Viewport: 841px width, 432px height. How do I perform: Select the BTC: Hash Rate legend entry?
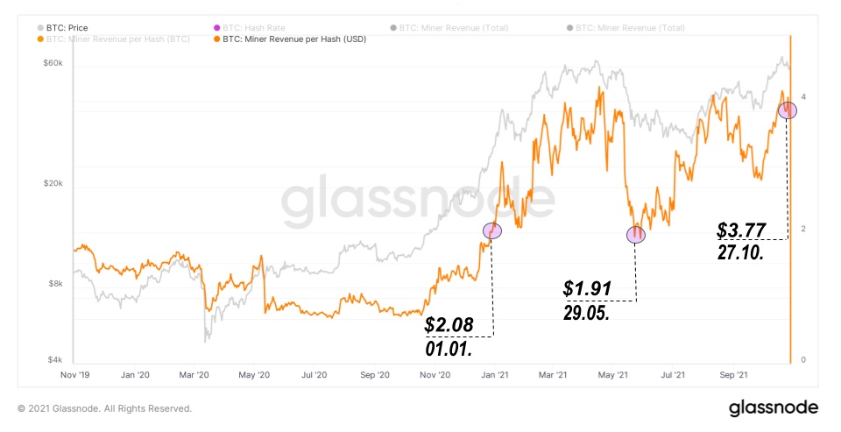tap(230, 28)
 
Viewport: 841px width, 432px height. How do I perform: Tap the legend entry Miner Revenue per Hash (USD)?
tap(293, 39)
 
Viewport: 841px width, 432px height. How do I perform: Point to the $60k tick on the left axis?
tap(53, 65)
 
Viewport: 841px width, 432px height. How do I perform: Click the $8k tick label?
tap(55, 284)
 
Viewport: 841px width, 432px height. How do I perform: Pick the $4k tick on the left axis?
tap(55, 360)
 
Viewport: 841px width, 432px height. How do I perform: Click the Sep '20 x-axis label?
tap(375, 375)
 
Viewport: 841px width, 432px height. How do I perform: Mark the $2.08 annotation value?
tap(449, 325)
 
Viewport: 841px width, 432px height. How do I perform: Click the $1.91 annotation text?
tap(586, 288)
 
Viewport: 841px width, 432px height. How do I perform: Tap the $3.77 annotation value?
tap(741, 230)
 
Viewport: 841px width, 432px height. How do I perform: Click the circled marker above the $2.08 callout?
tap(492, 230)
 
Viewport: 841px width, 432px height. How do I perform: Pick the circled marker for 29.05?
tap(636, 234)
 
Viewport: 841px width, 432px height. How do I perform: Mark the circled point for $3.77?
tap(788, 110)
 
